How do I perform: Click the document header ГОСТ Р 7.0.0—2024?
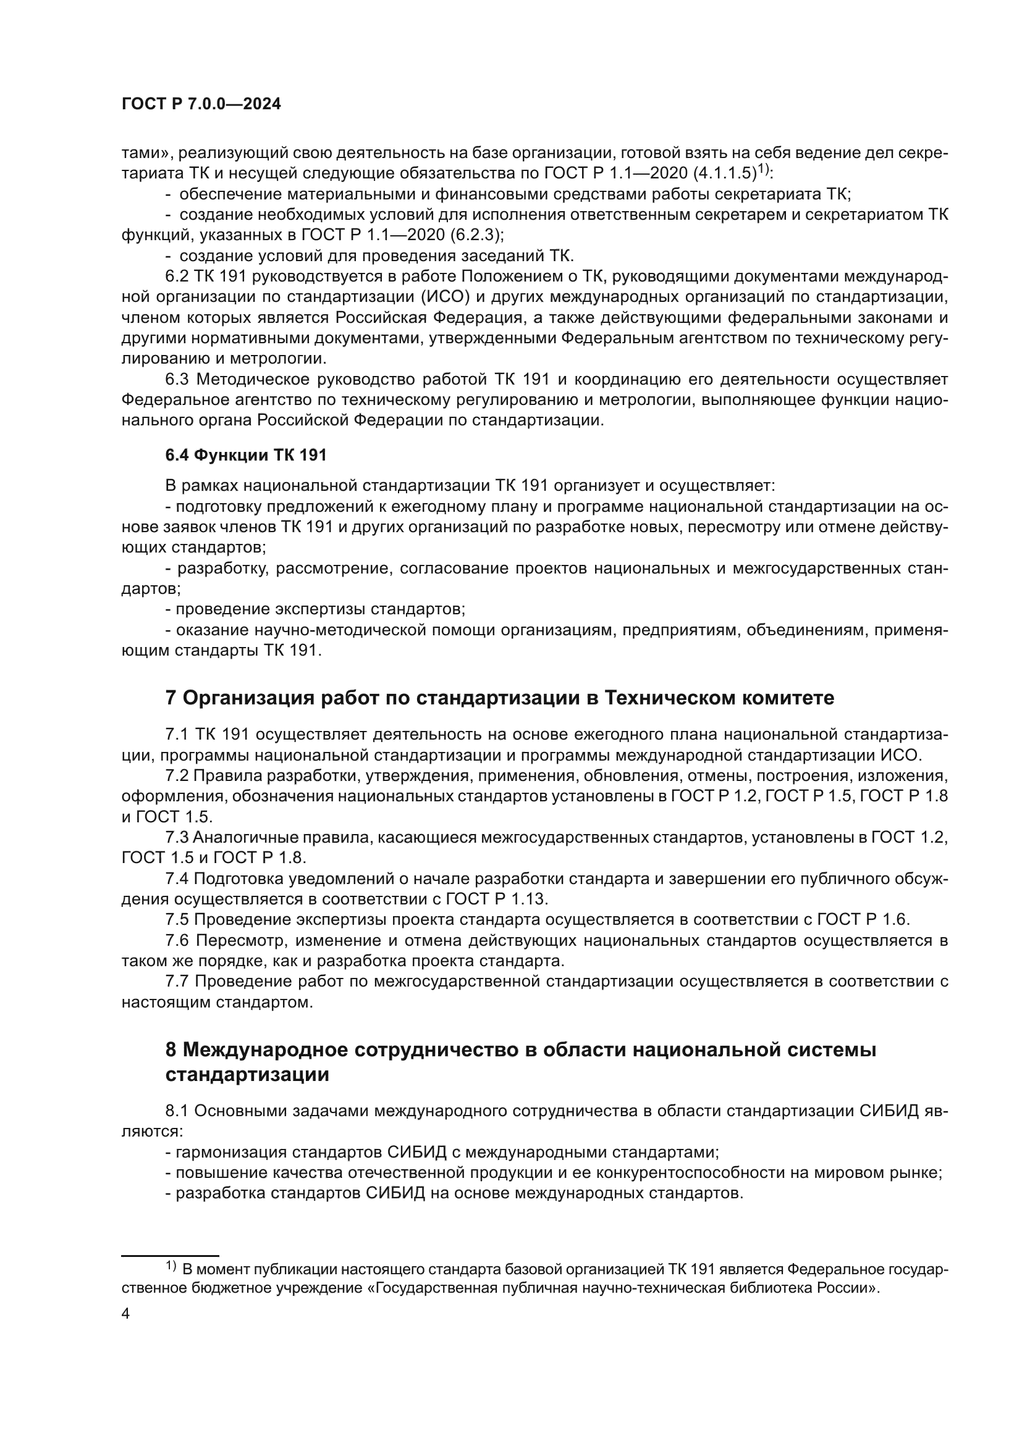[201, 104]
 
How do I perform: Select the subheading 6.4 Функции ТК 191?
[246, 456]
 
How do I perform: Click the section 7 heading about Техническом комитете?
[500, 698]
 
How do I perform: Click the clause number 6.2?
[177, 276]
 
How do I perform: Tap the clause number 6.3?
[178, 379]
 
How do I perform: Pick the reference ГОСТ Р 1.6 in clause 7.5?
[863, 920]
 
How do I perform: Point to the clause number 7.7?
[177, 981]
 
